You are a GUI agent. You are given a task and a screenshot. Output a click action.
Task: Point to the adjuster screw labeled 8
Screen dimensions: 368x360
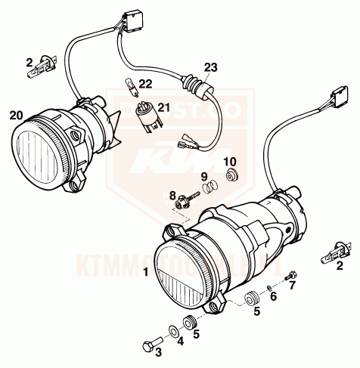tap(184, 202)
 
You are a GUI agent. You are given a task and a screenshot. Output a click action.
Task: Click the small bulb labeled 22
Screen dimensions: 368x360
tap(129, 86)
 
